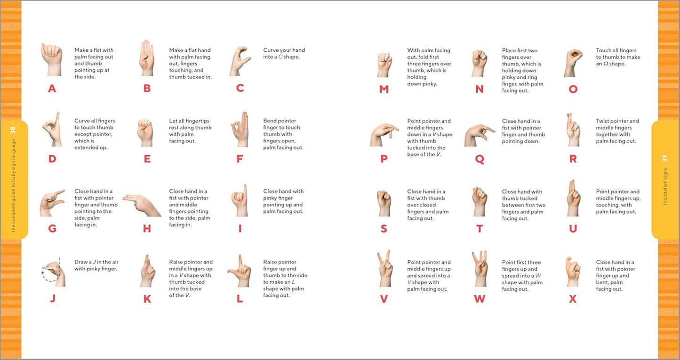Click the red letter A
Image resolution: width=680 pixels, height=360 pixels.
(x=52, y=88)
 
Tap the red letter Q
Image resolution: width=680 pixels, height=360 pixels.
(x=479, y=159)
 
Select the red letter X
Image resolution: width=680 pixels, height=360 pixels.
(x=573, y=299)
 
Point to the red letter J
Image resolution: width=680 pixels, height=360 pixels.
(x=52, y=298)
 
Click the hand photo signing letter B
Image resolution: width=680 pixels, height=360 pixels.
(x=146, y=58)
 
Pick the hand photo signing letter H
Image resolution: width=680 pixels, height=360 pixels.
(x=142, y=205)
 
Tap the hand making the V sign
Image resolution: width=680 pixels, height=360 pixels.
(x=384, y=269)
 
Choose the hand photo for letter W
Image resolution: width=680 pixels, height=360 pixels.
(x=480, y=269)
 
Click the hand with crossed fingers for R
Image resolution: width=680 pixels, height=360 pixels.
(x=573, y=130)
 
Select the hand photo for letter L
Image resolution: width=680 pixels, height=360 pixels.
(x=240, y=271)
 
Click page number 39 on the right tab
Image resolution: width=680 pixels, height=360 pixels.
(x=665, y=159)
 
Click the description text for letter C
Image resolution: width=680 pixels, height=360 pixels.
(x=284, y=54)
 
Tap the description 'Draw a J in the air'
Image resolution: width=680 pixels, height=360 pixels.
(x=96, y=265)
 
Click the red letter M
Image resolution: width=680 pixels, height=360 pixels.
(x=384, y=89)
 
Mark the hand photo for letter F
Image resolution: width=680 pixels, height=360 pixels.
(x=240, y=129)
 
